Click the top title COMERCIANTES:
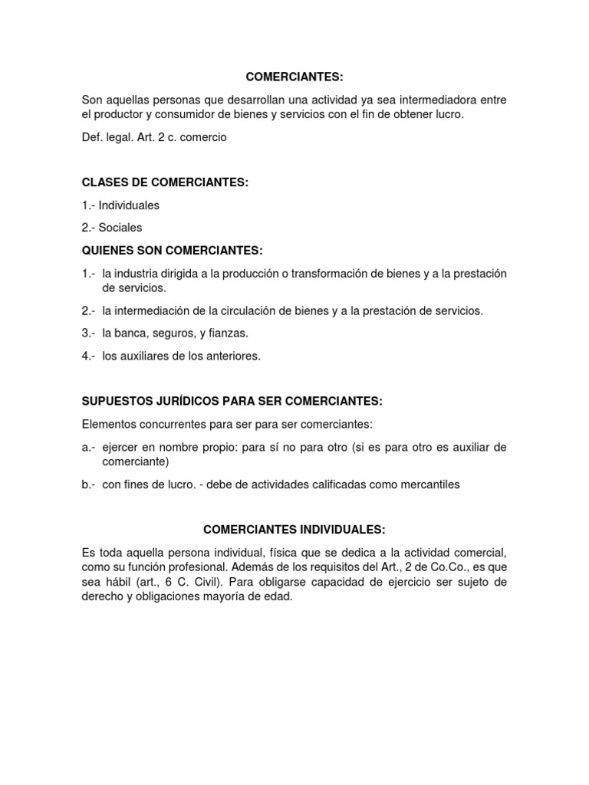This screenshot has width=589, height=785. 294,77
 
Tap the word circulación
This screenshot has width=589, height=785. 240,310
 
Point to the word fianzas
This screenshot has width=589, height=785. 229,333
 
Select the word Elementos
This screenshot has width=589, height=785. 110,424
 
